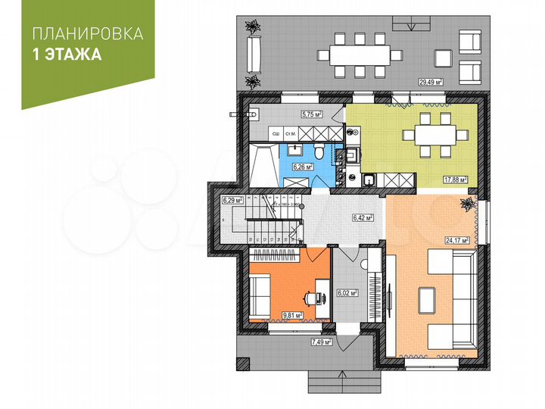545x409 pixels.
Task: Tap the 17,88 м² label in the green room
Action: tap(454, 180)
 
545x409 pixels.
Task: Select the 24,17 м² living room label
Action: tap(457, 240)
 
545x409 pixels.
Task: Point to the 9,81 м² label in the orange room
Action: tap(292, 315)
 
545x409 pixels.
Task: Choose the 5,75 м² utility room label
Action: tap(311, 114)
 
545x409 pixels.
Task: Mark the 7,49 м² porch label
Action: tap(322, 342)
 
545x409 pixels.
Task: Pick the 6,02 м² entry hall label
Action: tap(347, 292)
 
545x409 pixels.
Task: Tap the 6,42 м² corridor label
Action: tap(363, 218)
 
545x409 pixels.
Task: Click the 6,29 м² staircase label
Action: tap(232, 201)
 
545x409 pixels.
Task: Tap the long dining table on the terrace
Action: tap(360, 55)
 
